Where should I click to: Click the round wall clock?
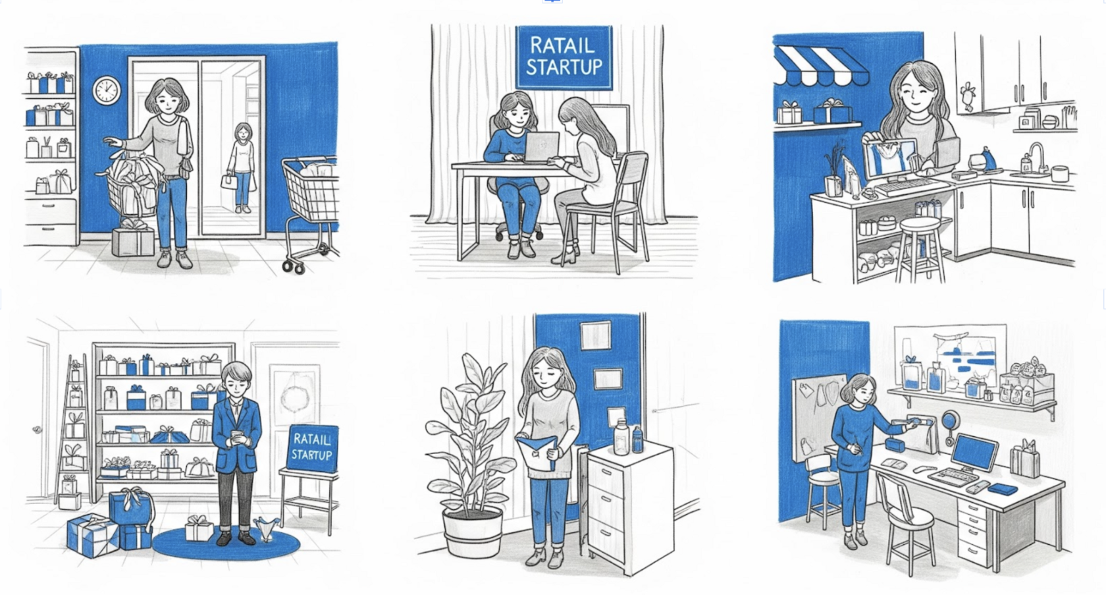107,90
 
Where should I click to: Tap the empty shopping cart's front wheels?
294,267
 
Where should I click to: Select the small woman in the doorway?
242,168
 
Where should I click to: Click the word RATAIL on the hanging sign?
562,46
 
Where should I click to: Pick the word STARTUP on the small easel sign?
311,454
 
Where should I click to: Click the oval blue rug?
226,543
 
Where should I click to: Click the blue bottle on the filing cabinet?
637,439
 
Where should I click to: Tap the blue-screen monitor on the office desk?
974,452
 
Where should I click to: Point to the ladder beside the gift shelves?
73,429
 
